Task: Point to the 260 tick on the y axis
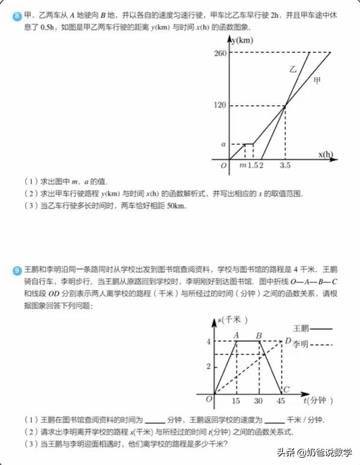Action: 218,53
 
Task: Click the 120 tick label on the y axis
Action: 218,106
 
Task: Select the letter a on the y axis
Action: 223,144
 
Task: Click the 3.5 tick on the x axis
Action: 285,166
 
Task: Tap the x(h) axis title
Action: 326,154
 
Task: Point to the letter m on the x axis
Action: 242,166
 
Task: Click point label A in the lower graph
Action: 236,335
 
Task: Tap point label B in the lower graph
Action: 258,335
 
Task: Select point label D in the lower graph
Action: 288,340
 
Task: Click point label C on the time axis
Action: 287,389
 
